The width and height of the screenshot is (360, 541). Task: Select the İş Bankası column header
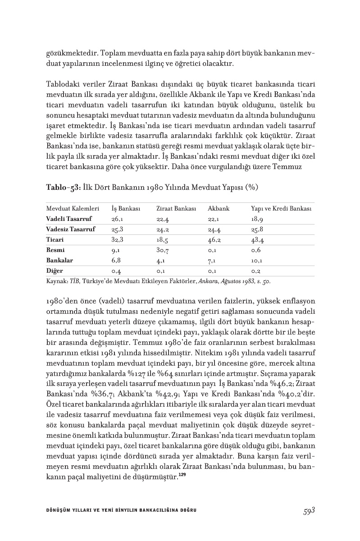coord(126,208)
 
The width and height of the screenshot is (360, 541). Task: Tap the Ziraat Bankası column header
coord(176,208)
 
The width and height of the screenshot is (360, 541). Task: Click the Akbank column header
coord(219,208)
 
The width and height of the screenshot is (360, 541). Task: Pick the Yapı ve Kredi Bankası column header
coord(282,208)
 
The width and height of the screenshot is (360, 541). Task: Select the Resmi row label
coord(55,250)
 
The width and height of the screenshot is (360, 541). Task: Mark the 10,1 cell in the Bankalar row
coord(257,261)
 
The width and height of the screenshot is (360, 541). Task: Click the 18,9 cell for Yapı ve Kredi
coord(257,219)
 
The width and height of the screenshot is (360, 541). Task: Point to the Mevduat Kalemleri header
coord(73,208)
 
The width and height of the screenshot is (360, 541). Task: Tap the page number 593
coord(308,510)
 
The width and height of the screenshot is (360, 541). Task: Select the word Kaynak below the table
coord(56,281)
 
